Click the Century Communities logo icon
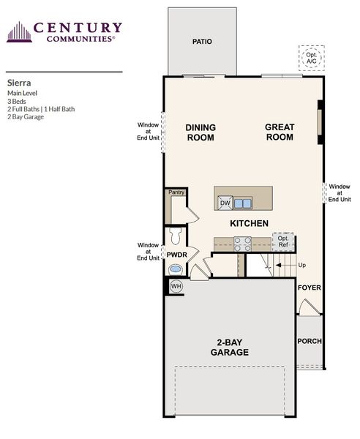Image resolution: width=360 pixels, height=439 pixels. pos(19,32)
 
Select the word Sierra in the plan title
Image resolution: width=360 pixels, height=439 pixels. pos(19,83)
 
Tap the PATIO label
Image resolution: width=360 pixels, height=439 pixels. pos(202,42)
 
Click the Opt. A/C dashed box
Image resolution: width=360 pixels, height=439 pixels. pos(310,56)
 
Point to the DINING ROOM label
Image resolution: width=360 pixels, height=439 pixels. pos(200,132)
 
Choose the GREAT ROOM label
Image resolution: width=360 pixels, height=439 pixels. pos(280,132)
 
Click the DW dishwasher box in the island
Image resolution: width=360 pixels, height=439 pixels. pos(225,203)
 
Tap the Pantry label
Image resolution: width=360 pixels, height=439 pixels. pos(176,192)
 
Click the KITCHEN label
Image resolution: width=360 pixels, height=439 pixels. pos(249,223)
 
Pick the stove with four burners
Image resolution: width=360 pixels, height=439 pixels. pos(242,244)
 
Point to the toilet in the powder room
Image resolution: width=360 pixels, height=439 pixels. pos(174,236)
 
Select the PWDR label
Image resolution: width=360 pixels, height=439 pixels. pos(176,255)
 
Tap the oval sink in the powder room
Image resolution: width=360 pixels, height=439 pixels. pos(176,269)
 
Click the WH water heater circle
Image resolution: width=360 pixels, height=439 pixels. pos(176,286)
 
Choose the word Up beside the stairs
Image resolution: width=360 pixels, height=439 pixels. pos(301,265)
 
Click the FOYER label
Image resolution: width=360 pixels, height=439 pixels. pos(309,288)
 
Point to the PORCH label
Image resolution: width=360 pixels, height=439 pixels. pos(309,342)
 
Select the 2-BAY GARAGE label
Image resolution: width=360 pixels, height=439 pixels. pos(230,347)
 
